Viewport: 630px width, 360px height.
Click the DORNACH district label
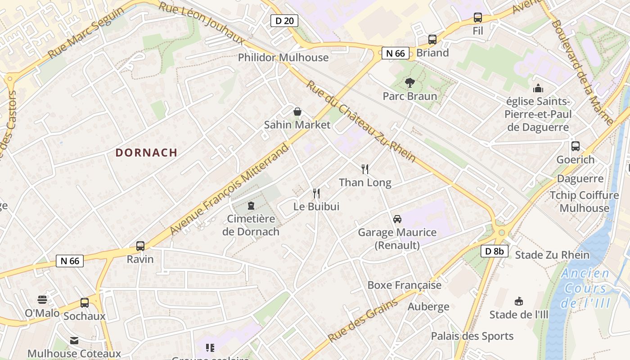(x=146, y=153)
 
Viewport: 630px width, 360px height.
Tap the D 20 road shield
(x=284, y=20)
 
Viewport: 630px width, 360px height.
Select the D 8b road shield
(x=495, y=251)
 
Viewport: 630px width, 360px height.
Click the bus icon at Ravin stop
(x=140, y=246)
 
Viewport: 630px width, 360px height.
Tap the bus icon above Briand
(x=432, y=40)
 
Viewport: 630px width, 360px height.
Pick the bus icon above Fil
(x=478, y=18)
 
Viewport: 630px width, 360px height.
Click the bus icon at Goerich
(x=576, y=146)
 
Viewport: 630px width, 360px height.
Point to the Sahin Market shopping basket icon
(x=297, y=112)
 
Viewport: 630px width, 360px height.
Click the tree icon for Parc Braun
(x=409, y=83)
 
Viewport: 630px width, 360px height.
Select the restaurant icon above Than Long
(x=365, y=169)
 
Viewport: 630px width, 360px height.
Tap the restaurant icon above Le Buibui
(x=316, y=193)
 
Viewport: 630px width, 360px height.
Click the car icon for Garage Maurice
(x=397, y=219)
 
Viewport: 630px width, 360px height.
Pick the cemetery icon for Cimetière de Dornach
(x=251, y=206)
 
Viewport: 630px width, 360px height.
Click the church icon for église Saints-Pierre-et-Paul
(x=538, y=88)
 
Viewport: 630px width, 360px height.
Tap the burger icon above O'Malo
(x=42, y=300)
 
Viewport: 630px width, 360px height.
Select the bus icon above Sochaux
(x=85, y=303)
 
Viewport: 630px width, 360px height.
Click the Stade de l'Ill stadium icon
(x=519, y=301)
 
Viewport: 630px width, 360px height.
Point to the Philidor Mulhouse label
(x=283, y=58)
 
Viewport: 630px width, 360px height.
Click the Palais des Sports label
(x=472, y=336)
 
